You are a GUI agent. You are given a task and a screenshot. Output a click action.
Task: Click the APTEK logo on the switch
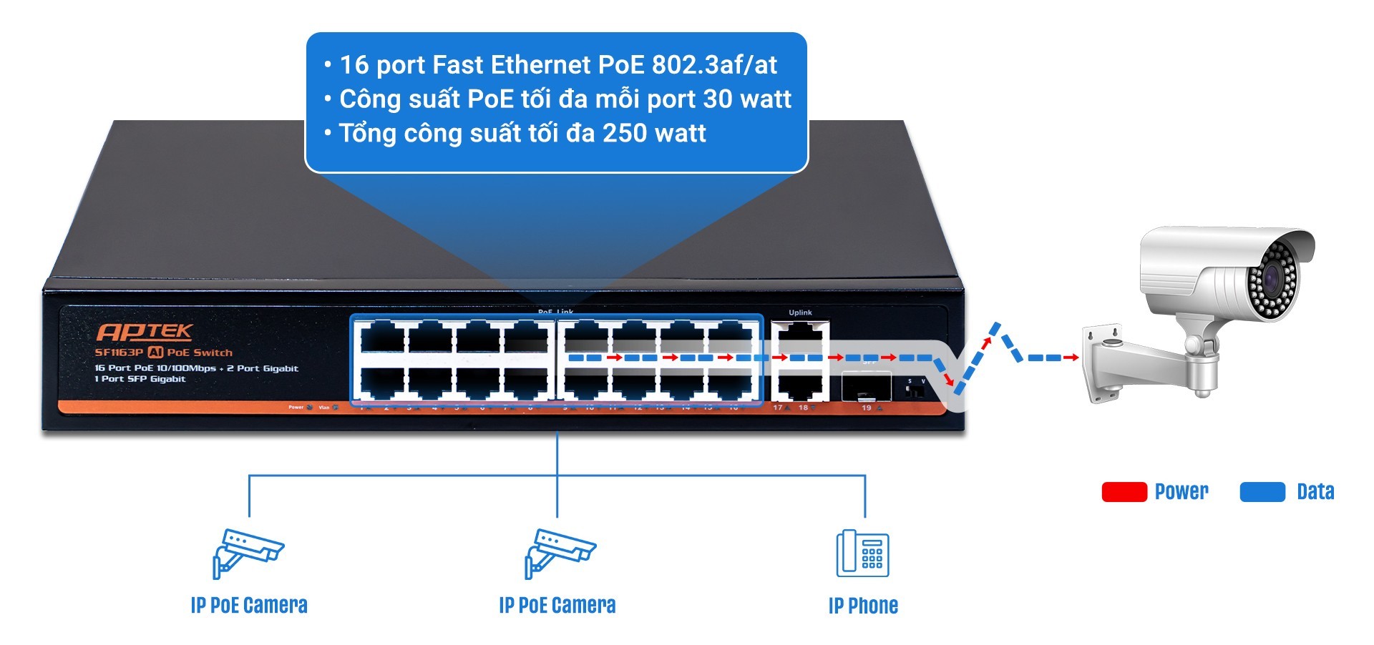tap(145, 332)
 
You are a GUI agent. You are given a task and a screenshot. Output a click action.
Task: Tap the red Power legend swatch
tap(1124, 492)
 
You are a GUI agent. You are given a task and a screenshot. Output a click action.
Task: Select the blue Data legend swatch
tap(1262, 492)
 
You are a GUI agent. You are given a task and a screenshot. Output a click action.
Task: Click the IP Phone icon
tap(862, 553)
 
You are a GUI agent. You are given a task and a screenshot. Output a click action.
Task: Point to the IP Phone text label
tap(862, 606)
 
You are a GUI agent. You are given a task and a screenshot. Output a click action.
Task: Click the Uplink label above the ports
tap(800, 312)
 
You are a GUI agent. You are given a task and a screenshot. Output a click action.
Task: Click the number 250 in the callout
tap(625, 133)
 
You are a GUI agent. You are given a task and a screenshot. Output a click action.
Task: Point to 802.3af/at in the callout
tap(714, 65)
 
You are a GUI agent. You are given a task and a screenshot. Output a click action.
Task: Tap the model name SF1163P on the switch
tap(119, 353)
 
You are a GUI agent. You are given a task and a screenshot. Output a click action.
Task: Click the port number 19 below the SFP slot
tap(866, 408)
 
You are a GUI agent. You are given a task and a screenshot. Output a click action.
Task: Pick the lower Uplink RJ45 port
tap(800, 386)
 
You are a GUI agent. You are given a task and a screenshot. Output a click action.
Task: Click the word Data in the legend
tap(1315, 492)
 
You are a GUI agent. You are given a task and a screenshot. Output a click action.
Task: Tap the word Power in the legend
tap(1181, 492)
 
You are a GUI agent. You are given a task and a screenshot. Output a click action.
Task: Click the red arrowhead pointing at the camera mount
tap(1073, 357)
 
